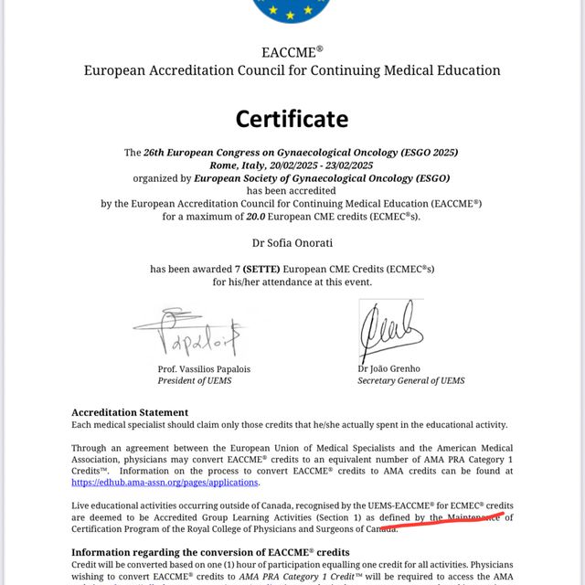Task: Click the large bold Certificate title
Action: pyautogui.click(x=292, y=118)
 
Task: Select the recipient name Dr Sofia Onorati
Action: pyautogui.click(x=292, y=242)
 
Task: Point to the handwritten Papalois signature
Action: pyautogui.click(x=191, y=333)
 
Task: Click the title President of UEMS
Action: pyautogui.click(x=196, y=380)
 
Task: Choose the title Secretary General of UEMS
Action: pyautogui.click(x=411, y=380)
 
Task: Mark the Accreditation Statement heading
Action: pyautogui.click(x=130, y=412)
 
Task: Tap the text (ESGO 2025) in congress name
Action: pyautogui.click(x=425, y=152)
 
